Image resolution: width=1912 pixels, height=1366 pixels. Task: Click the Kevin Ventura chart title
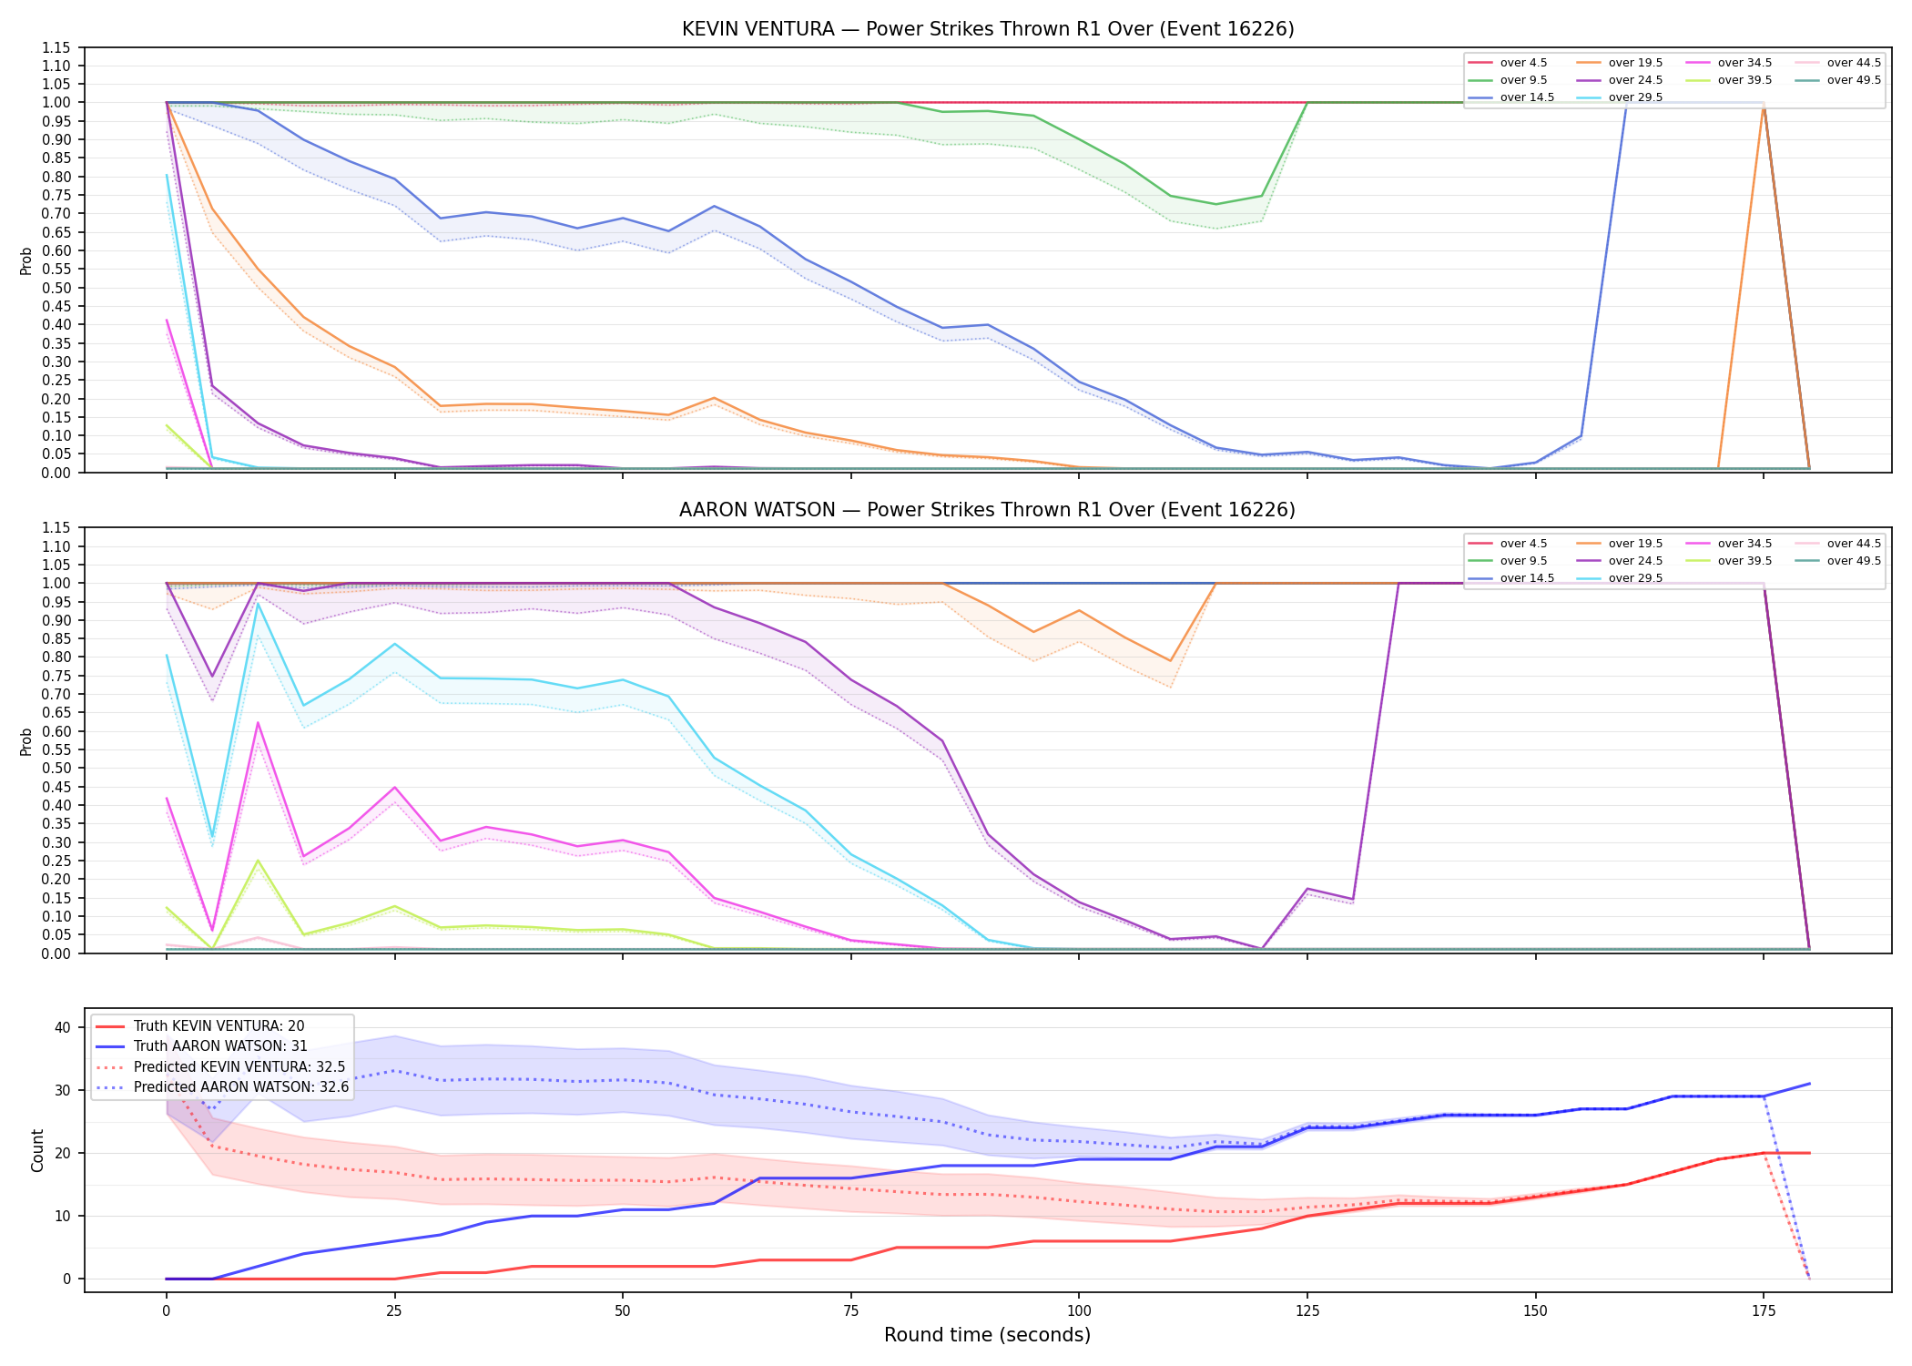click(988, 29)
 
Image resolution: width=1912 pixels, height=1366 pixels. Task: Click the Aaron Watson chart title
click(987, 510)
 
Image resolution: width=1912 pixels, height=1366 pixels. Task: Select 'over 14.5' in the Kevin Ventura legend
click(1527, 97)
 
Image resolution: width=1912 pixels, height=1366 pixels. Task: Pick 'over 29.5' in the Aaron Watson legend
click(1635, 578)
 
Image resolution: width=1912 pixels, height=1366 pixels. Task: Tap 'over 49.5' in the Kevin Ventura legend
click(1854, 80)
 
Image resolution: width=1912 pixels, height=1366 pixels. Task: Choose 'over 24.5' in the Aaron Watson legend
click(1635, 561)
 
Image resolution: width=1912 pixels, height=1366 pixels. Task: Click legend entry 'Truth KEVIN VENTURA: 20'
click(219, 1026)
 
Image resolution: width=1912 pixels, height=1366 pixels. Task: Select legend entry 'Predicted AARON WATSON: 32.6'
click(241, 1086)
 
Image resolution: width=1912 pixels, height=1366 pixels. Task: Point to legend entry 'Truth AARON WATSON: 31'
click(220, 1046)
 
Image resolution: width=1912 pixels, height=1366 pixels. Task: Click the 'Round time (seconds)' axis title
click(987, 1335)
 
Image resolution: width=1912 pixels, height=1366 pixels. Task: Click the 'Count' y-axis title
click(37, 1150)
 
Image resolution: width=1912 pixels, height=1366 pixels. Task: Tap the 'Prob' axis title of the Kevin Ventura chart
click(26, 261)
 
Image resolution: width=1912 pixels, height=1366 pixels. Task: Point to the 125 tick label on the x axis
click(1307, 1311)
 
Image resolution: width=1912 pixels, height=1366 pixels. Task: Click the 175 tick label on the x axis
click(1764, 1311)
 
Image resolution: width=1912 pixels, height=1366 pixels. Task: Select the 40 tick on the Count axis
click(63, 1027)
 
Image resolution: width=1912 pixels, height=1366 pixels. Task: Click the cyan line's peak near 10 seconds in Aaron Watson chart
click(258, 603)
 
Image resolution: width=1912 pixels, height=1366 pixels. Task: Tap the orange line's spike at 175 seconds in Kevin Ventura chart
click(1764, 103)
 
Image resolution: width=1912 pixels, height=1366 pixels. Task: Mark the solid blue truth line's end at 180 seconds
click(1809, 1084)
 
